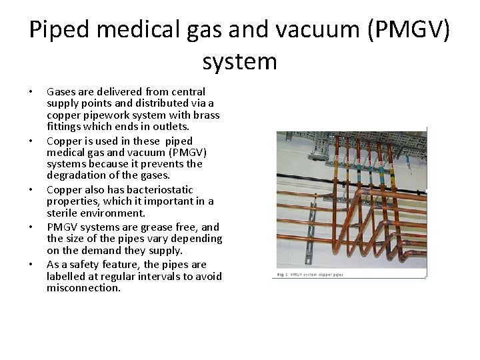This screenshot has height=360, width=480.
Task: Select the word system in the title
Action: coord(239,62)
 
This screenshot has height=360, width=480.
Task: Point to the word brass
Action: coord(205,115)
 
